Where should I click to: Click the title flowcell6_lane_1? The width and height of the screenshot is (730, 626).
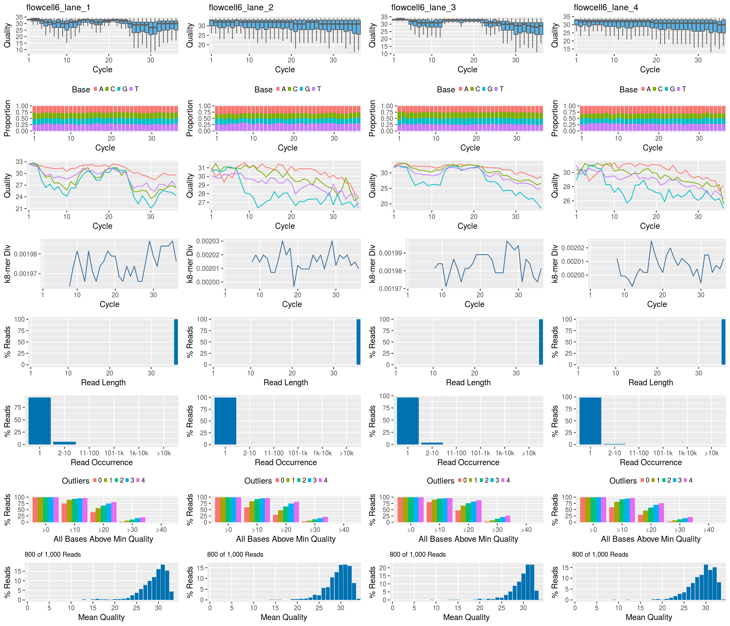click(58, 7)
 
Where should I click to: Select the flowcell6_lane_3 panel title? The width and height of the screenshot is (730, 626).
click(423, 7)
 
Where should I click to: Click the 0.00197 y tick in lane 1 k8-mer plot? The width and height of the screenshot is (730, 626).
click(25, 274)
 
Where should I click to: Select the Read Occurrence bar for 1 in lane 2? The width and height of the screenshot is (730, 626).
click(225, 421)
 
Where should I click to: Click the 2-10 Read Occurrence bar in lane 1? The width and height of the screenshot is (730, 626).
click(64, 443)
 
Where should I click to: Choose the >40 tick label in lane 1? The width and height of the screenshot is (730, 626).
click(161, 530)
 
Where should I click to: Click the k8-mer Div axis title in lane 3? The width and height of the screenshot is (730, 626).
click(372, 264)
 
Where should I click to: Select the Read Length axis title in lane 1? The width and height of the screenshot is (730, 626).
click(103, 383)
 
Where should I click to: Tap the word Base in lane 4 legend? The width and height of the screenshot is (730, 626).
click(628, 90)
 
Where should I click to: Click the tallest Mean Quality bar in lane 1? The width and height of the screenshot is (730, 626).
click(163, 582)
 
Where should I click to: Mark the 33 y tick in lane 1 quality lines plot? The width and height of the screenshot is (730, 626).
click(19, 162)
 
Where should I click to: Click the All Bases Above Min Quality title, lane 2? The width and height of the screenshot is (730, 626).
click(286, 539)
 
